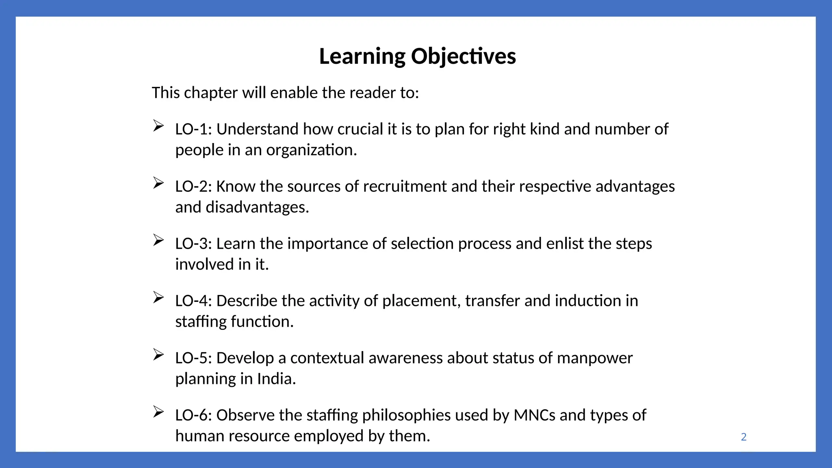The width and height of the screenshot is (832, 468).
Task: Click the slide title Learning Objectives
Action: (x=417, y=56)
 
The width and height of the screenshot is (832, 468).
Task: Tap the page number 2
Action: (x=743, y=437)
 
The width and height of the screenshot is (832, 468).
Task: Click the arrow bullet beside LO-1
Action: (x=158, y=126)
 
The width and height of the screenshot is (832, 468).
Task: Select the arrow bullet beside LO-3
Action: (x=158, y=240)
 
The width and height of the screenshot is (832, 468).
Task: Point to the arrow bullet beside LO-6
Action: (x=158, y=412)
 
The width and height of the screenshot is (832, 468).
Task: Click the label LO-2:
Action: (x=193, y=186)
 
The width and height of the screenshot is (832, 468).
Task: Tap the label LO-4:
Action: (x=193, y=301)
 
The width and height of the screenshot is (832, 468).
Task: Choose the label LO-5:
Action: (x=193, y=358)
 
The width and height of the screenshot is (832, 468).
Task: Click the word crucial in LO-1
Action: (x=360, y=129)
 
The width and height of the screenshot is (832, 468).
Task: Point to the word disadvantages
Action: (x=257, y=207)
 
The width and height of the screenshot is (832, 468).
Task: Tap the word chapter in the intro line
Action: (x=211, y=93)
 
